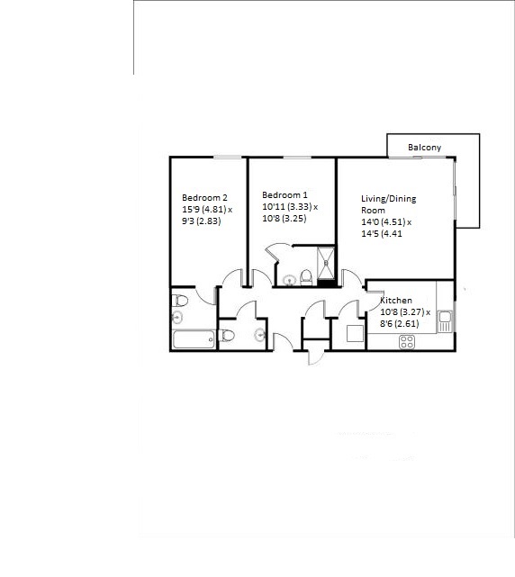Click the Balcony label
(424, 148)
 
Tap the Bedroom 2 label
(204, 198)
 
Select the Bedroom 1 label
(285, 195)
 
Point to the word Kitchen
(396, 301)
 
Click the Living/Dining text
(388, 199)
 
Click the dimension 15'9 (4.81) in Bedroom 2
(204, 210)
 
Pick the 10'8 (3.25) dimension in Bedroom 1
(285, 219)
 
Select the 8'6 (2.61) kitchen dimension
(400, 324)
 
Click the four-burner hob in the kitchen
(407, 342)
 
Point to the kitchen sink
(445, 321)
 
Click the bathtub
(194, 339)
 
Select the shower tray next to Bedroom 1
(326, 264)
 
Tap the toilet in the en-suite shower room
(306, 278)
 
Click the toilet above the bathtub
(180, 301)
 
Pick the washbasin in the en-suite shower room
(289, 281)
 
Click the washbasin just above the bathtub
(177, 317)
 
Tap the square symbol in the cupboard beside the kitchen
(356, 334)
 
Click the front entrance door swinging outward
(316, 357)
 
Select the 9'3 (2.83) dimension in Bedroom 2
(202, 221)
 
